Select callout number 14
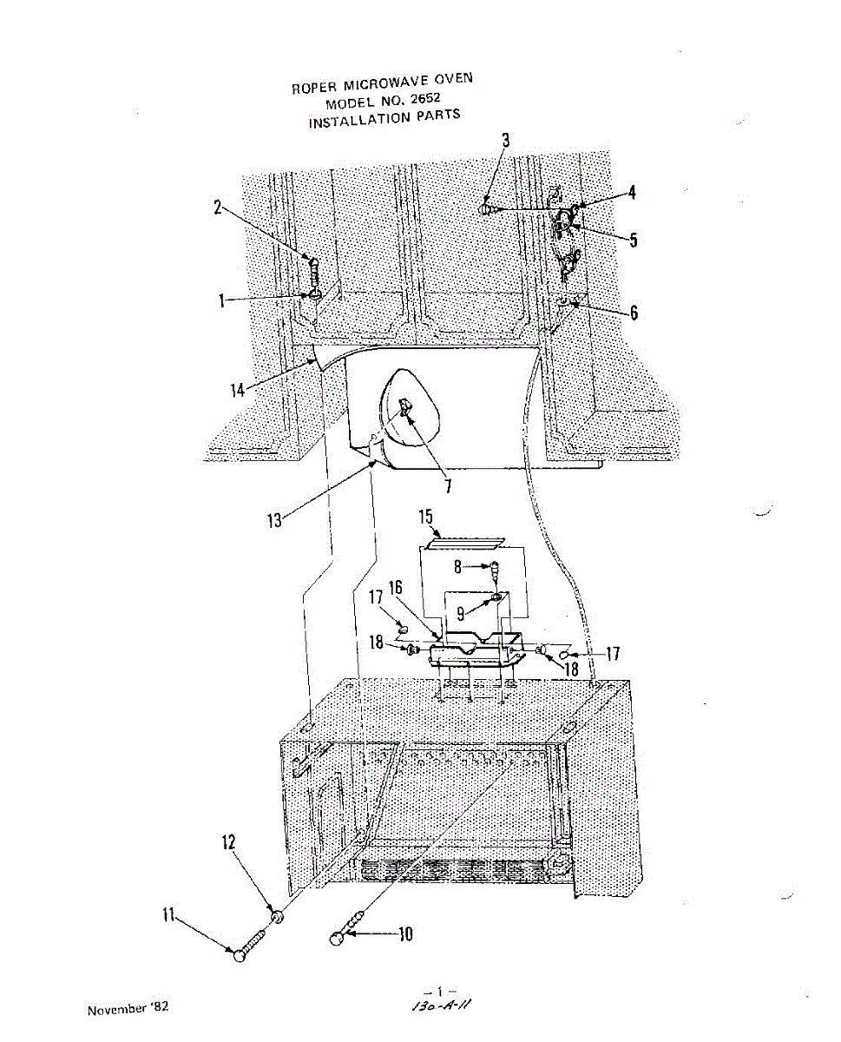238,391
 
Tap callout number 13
274,522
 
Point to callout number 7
448,487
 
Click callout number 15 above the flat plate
425,518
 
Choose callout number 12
229,842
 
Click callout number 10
404,934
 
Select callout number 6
634,313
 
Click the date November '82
128,1009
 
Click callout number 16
396,588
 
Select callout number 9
462,611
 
